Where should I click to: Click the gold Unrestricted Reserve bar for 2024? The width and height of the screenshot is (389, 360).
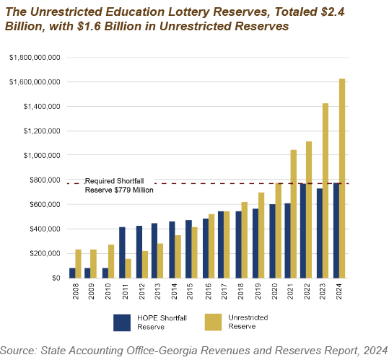[x=342, y=178]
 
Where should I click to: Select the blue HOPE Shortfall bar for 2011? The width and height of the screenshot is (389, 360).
[x=122, y=253]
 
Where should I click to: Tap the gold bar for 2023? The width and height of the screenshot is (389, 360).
[x=325, y=190]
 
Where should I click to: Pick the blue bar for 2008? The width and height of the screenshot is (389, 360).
[x=72, y=273]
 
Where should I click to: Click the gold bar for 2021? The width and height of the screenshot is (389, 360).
[x=294, y=214]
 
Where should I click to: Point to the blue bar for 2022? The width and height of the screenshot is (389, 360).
[x=303, y=231]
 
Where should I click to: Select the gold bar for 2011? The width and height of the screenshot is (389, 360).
[x=128, y=268]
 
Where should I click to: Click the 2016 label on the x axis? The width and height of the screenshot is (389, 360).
[x=208, y=291]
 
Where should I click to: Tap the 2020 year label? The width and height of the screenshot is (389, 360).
[x=274, y=291]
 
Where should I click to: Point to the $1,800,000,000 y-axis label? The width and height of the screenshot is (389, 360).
[x=35, y=58]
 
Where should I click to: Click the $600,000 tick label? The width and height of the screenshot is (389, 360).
[x=45, y=204]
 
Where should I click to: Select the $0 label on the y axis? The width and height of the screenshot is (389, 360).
[x=56, y=278]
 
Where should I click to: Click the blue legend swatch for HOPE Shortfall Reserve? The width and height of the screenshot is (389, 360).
[x=122, y=322]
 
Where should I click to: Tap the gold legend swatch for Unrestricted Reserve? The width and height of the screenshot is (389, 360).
[x=213, y=322]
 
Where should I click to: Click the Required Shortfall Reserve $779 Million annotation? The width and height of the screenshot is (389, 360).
[x=119, y=185]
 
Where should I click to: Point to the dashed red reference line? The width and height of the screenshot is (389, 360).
[x=208, y=183]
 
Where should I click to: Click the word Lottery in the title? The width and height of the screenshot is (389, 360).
[x=188, y=12]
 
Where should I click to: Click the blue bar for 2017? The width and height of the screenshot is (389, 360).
[x=221, y=245]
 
